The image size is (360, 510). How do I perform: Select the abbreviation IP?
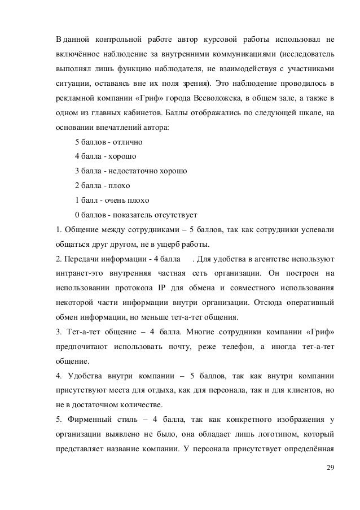click(x=165, y=287)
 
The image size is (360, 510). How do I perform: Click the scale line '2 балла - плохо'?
click(x=102, y=185)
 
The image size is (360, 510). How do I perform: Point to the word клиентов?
click(x=303, y=390)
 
